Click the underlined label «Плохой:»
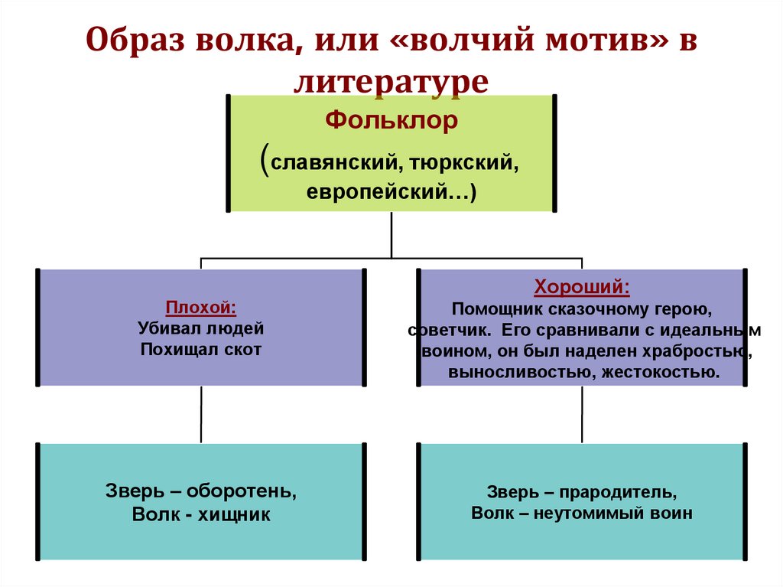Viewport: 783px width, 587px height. point(201,308)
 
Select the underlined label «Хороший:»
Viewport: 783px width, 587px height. point(582,288)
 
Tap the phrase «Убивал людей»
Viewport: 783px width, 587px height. point(201,328)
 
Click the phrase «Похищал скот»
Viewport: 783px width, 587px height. point(201,350)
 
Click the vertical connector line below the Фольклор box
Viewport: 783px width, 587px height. point(391,234)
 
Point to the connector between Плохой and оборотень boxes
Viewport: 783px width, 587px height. point(201,414)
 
